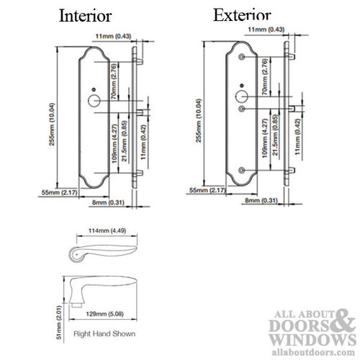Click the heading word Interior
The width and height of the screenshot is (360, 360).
tap(85, 15)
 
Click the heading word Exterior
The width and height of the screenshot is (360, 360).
tap(242, 14)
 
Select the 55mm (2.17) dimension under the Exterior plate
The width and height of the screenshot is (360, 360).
tap(202, 190)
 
